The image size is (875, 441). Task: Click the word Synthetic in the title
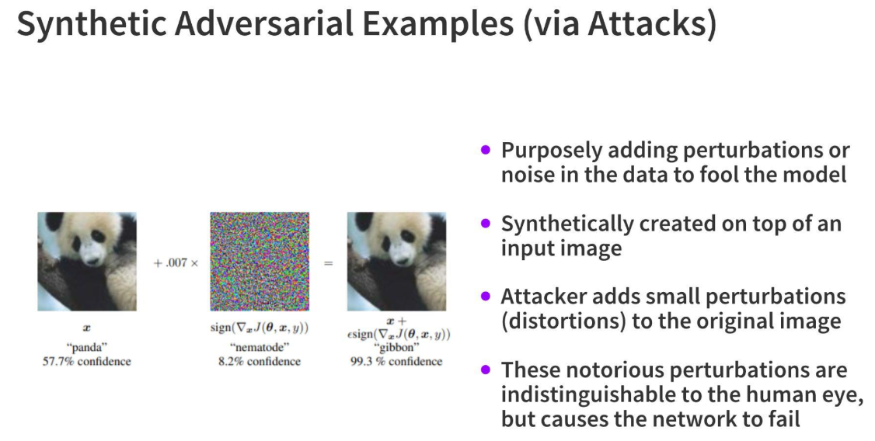92,24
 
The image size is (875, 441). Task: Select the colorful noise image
260,262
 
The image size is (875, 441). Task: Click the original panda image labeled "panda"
87,262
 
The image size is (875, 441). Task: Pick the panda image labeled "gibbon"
397,262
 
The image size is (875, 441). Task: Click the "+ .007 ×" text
176,262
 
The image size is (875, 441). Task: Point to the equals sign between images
328,262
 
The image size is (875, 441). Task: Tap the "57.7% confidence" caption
87,361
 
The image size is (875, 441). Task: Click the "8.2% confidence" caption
260,361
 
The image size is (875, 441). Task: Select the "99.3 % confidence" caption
396,361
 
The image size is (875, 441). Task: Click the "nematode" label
260,347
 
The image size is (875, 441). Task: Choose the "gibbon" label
396,347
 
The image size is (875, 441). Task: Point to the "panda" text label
87,348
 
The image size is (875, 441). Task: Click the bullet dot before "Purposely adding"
486,149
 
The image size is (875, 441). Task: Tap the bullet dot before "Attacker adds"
486,296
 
